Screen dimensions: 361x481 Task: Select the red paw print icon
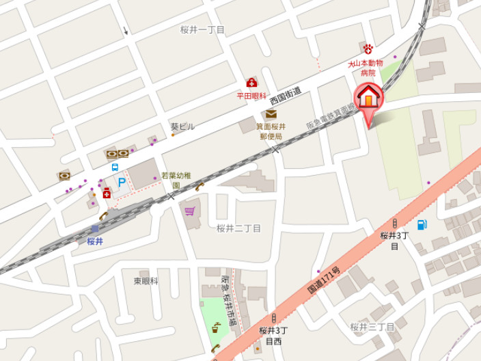[368, 49]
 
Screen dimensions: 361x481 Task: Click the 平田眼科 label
[251, 96]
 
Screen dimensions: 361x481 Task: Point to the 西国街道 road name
[286, 100]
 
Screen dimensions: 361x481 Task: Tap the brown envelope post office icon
[271, 114]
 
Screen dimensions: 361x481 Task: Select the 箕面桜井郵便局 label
[271, 131]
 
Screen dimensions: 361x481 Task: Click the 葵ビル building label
[182, 126]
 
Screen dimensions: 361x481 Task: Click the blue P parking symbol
[122, 183]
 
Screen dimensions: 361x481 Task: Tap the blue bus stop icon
[115, 167]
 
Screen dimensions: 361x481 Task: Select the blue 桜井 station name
[95, 241]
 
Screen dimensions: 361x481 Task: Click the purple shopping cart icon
[189, 210]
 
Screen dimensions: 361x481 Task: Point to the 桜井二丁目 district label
[238, 228]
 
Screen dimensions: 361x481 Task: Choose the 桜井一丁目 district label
[202, 30]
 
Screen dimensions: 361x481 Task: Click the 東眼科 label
[146, 280]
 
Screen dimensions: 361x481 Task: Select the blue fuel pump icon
[422, 224]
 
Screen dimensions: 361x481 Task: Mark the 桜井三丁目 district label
[372, 327]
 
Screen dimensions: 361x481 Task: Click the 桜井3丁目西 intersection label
[273, 336]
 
